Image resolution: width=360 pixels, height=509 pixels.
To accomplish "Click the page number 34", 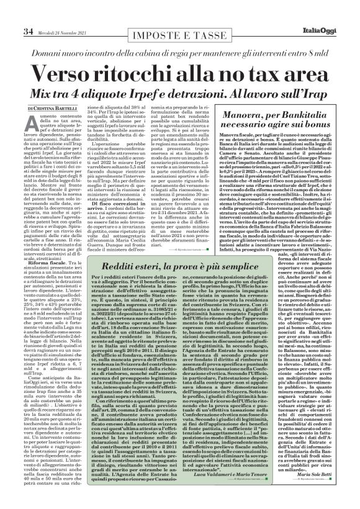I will (x=12, y=14).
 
